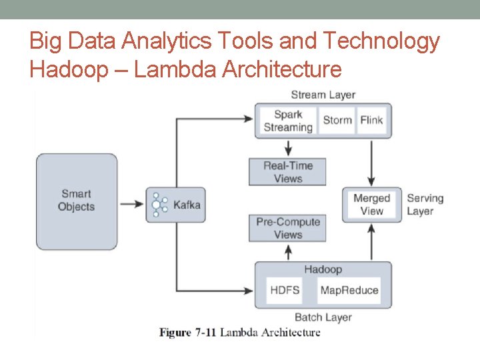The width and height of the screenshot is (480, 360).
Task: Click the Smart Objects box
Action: coord(77,201)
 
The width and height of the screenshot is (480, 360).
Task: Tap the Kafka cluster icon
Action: coord(158,205)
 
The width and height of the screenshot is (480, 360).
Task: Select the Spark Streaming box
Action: coord(287,121)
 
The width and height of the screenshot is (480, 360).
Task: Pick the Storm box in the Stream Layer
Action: coord(337,121)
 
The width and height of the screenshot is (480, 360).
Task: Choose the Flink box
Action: coord(371,121)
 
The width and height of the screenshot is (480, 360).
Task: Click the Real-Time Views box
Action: coord(287,172)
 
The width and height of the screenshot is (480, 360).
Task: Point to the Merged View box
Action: coord(371,205)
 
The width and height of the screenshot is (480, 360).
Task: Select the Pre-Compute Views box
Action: coord(287,228)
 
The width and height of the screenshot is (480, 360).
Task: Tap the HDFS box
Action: coord(285,291)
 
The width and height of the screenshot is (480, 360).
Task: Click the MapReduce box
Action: coord(349,291)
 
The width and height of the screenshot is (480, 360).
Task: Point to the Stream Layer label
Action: coord(323,95)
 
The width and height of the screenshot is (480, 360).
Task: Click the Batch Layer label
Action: coord(323,317)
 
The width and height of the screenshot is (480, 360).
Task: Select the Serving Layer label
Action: coord(425,205)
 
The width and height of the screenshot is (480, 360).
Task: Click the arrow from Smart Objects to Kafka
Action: coord(131,203)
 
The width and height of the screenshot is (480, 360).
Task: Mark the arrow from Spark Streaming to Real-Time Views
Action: coord(288,147)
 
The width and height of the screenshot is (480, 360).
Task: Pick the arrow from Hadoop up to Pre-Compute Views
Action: coord(288,252)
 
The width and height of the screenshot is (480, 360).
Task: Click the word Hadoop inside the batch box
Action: coord(323,269)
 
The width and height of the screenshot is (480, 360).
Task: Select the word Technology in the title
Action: coord(381,41)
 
